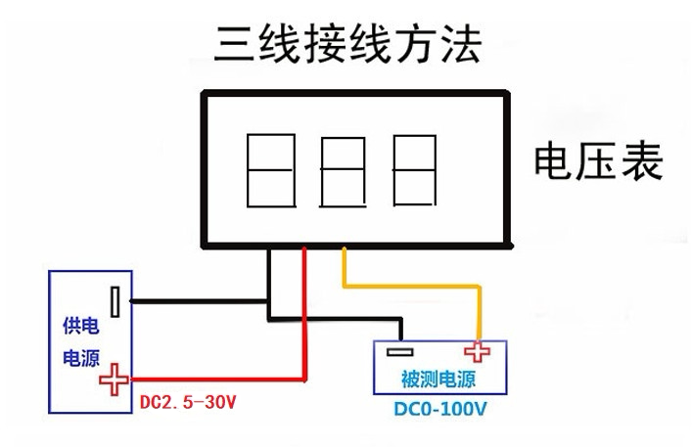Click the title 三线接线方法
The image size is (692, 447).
(347, 44)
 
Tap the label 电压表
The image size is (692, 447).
(599, 161)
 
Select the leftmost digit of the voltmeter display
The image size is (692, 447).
(271, 170)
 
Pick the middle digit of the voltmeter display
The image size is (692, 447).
(343, 172)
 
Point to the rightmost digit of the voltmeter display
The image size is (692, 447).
(415, 170)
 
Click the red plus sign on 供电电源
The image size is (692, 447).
(114, 380)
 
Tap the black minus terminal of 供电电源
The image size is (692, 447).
(115, 302)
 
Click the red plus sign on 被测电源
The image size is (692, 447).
(477, 352)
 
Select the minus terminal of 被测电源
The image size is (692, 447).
(400, 352)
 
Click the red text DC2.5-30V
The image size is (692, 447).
(188, 402)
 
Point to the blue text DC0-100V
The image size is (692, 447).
(440, 409)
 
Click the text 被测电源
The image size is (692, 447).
(438, 380)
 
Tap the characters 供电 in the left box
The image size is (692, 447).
(81, 327)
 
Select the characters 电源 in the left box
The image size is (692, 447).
(81, 358)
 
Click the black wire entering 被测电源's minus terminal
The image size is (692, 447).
(336, 319)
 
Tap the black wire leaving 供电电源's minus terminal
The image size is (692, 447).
(199, 301)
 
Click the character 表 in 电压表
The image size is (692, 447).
(642, 161)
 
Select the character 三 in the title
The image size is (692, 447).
(234, 44)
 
